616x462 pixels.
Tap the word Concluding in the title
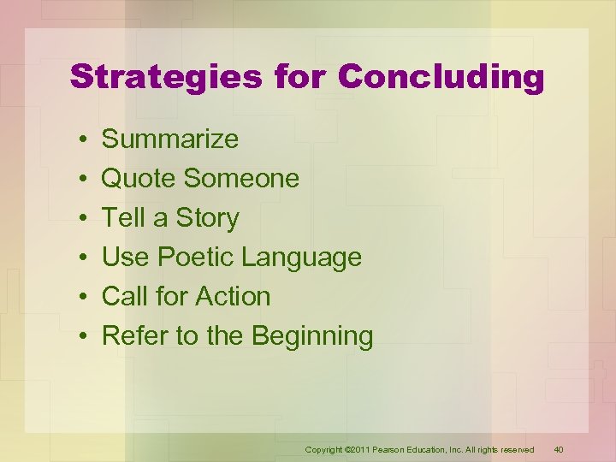(441, 76)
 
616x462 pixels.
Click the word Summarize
(170, 139)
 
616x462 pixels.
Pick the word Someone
(242, 178)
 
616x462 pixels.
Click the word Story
(207, 217)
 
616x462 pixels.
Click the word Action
(233, 296)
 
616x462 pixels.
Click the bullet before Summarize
(78, 139)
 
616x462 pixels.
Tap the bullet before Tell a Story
(78, 218)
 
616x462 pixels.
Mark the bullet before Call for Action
(78, 297)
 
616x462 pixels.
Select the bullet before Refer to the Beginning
(78, 336)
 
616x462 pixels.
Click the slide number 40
(559, 449)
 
